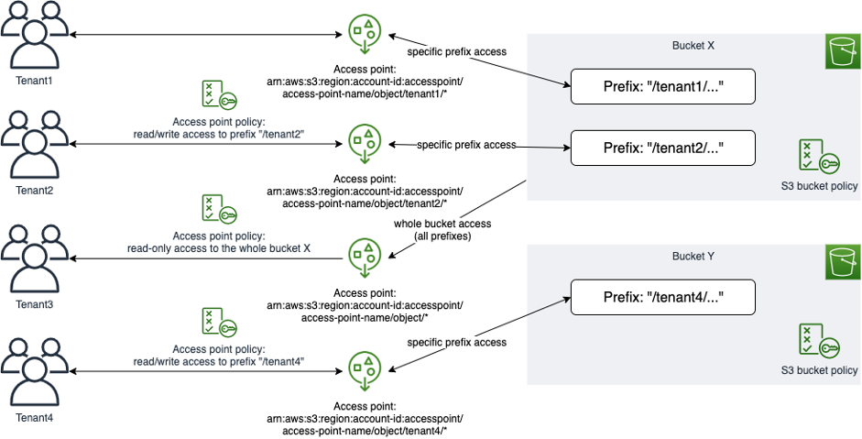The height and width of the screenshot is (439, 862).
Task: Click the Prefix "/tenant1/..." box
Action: click(662, 88)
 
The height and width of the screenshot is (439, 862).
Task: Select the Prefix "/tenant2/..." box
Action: click(662, 148)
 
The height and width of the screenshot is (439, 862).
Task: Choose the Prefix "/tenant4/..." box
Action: click(662, 297)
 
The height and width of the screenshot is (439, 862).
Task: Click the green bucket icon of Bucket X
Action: click(840, 52)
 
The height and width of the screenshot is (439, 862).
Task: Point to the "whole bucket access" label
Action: click(442, 229)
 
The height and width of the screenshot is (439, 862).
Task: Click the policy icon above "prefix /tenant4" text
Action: click(218, 323)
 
